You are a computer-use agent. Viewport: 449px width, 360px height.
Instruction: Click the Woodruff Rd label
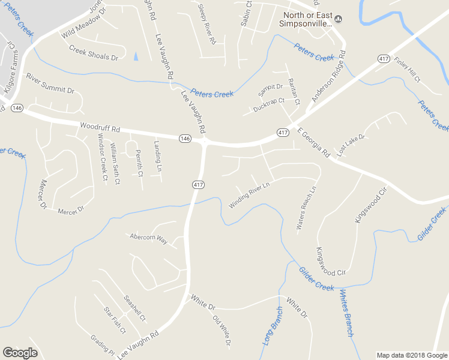pos(100,128)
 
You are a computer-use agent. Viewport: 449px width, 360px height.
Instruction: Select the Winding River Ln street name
pos(250,195)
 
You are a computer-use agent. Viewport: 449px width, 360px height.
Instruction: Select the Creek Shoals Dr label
pos(94,53)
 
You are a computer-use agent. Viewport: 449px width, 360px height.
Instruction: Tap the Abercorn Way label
pos(148,237)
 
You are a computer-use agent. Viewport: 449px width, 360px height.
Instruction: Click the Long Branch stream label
pos(272,326)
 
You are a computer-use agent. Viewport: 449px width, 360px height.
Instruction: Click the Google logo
pos(19,353)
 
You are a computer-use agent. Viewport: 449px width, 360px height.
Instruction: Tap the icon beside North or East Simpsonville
pos(338,19)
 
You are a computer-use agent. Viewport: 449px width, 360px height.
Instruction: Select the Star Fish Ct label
pos(114,321)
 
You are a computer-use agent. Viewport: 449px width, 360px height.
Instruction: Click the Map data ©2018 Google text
pos(412,355)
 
